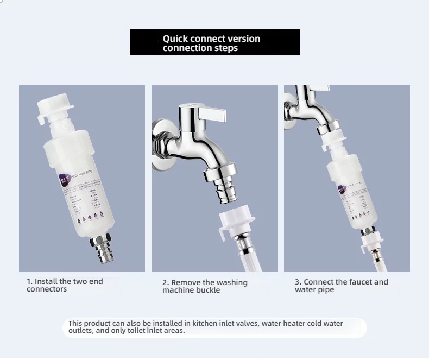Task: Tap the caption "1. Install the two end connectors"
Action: [x=65, y=285]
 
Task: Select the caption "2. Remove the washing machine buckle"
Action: [x=205, y=286]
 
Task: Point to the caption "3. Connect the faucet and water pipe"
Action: [x=341, y=286]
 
